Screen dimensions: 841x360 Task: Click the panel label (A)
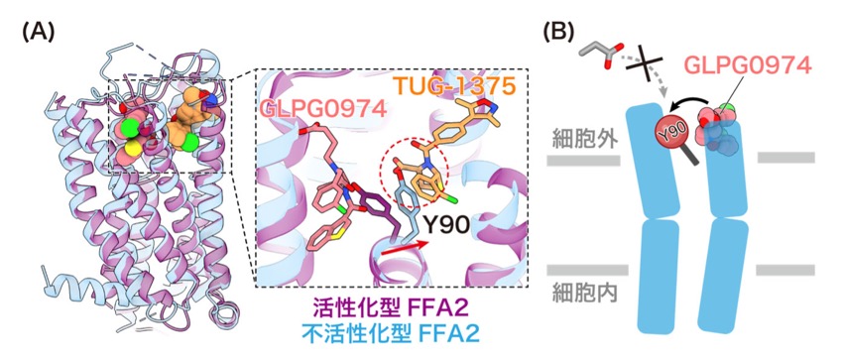coord(38,33)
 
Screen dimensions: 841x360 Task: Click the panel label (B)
coord(559,32)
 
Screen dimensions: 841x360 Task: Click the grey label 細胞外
coord(583,140)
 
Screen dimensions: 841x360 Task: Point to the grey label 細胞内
coord(583,293)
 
